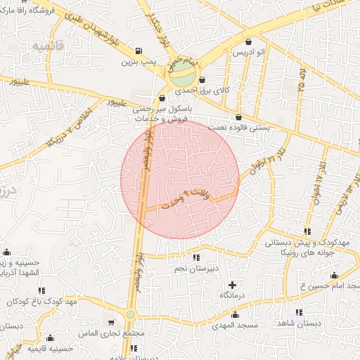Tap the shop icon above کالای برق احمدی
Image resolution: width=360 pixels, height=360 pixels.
(202, 79)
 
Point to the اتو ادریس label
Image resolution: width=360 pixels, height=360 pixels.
(250, 53)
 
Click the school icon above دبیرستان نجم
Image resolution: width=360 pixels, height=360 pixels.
(195, 257)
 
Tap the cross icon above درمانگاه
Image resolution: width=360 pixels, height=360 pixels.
(233, 285)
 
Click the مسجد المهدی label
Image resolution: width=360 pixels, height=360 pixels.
(239, 325)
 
